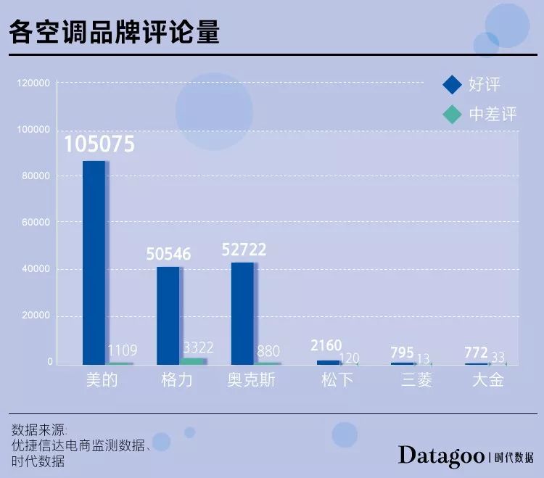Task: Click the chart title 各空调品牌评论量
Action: (x=114, y=32)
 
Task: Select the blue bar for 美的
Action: (x=94, y=263)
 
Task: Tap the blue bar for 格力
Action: (x=168, y=316)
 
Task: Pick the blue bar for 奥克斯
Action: (x=242, y=313)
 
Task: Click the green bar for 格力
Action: (x=192, y=361)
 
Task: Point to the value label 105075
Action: (x=99, y=144)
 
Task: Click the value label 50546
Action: (x=168, y=254)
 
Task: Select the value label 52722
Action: (x=244, y=250)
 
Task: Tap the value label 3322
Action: (x=198, y=347)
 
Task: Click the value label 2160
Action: (x=326, y=345)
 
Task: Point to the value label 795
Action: (x=402, y=353)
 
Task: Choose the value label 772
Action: (x=476, y=353)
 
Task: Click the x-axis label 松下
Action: (x=337, y=379)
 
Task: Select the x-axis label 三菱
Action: (x=416, y=379)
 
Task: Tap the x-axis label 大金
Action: (x=488, y=379)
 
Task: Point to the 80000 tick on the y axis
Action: (x=36, y=176)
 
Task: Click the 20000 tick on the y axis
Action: (x=36, y=316)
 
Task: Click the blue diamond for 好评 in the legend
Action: (x=452, y=85)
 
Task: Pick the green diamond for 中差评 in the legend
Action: (x=452, y=114)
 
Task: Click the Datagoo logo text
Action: (x=441, y=456)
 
